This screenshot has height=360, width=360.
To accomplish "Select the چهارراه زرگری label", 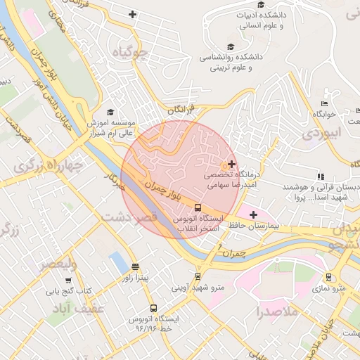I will pyautogui.click(x=49, y=166).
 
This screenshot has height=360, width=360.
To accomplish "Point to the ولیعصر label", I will pyautogui.click(x=58, y=264).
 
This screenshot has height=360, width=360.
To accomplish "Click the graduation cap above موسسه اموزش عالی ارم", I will pyautogui.click(x=109, y=112).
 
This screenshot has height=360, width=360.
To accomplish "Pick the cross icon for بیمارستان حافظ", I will pyautogui.click(x=254, y=214).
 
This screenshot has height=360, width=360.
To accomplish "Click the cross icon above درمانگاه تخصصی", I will pyautogui.click(x=232, y=164).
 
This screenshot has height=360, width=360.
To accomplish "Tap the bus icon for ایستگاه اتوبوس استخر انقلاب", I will pyautogui.click(x=198, y=207).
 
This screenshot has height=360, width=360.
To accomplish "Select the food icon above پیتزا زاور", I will pyautogui.click(x=135, y=266).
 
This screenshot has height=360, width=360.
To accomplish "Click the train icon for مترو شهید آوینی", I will pyautogui.click(x=198, y=276).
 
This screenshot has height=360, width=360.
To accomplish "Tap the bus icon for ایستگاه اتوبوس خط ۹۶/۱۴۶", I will pyautogui.click(x=153, y=308).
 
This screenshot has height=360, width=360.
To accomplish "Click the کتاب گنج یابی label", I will pyautogui.click(x=70, y=290).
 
